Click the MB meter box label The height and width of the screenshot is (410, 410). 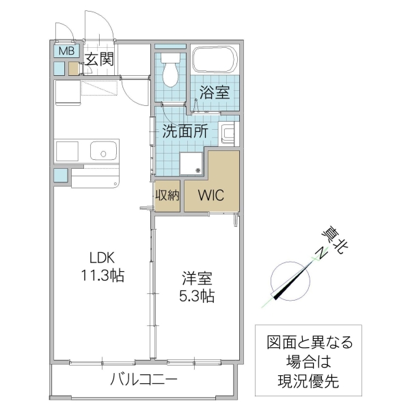click(65, 51)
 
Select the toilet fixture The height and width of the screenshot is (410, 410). click(170, 68)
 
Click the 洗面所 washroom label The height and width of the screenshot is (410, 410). click(184, 132)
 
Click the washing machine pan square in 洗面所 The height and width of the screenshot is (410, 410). click(191, 162)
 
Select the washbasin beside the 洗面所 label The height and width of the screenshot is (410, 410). click(228, 133)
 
